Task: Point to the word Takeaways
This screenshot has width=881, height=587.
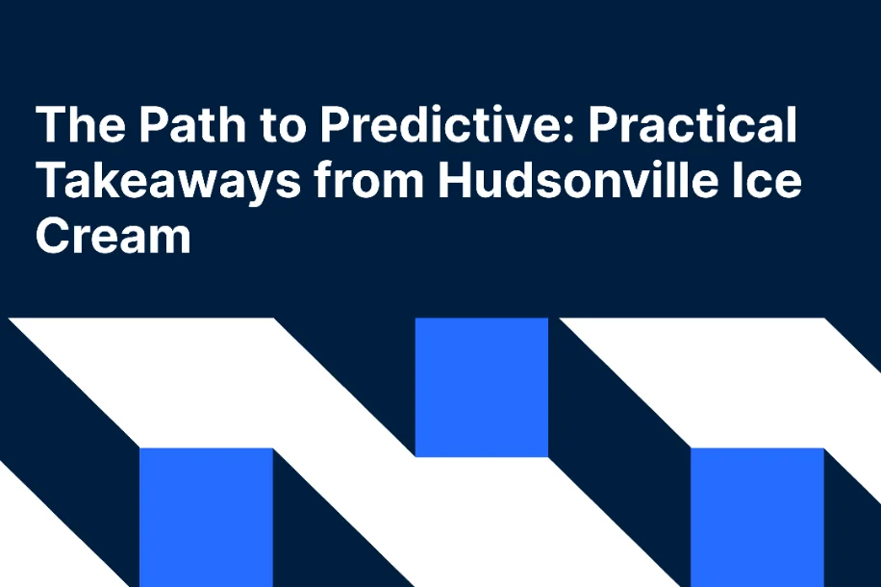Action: coord(166,181)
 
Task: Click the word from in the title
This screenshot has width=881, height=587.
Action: coord(371,181)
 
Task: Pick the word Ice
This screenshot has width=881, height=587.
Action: coord(764,181)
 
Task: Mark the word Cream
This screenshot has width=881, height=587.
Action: coord(113,235)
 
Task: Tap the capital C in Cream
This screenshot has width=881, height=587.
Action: coord(54,235)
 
